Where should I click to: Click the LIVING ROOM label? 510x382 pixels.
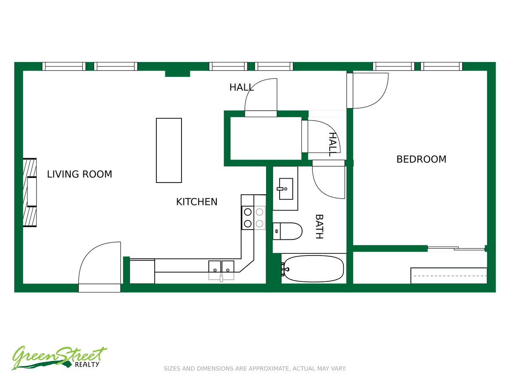click(79, 174)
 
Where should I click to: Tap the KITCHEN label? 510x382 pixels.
click(197, 202)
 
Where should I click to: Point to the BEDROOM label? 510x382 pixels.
click(421, 159)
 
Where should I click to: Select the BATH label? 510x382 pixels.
click(320, 227)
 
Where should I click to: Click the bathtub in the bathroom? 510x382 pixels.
click(313, 269)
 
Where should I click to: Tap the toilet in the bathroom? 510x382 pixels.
click(287, 231)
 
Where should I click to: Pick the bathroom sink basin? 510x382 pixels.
click(286, 189)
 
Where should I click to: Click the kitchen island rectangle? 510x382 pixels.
click(169, 151)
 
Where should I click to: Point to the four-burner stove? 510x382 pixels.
click(253, 218)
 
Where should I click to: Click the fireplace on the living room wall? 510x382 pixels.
click(30, 192)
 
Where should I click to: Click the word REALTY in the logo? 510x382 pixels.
click(87, 365)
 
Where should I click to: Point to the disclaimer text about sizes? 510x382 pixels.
click(255, 368)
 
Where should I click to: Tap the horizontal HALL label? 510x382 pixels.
click(241, 87)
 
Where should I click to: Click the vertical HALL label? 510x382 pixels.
click(333, 144)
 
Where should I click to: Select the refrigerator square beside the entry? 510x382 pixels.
click(142, 271)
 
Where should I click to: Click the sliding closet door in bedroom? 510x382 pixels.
click(456, 248)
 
